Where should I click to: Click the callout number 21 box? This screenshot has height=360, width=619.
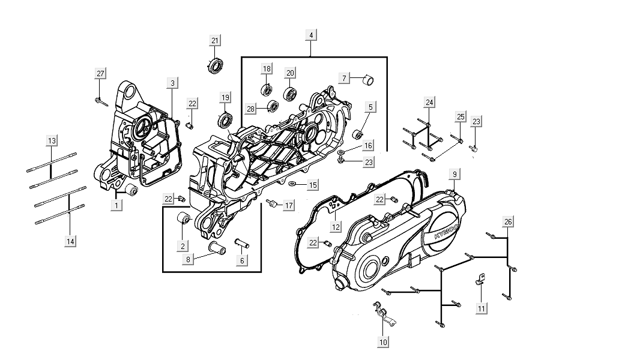tap(215, 40)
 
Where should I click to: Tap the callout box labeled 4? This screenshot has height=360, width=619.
tap(311, 35)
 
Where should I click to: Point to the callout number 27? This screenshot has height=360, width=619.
tap(100, 74)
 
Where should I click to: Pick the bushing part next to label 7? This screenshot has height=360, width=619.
tap(369, 79)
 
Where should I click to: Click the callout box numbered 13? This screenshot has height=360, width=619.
tap(52, 140)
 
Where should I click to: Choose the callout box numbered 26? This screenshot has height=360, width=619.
tap(508, 222)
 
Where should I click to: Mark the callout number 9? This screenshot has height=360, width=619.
tap(455, 174)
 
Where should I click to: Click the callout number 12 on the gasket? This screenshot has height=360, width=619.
tap(336, 227)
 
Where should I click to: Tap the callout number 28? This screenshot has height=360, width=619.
tap(251, 109)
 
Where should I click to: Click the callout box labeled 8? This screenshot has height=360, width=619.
tap(189, 260)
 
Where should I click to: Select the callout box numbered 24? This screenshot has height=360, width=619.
tap(429, 102)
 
